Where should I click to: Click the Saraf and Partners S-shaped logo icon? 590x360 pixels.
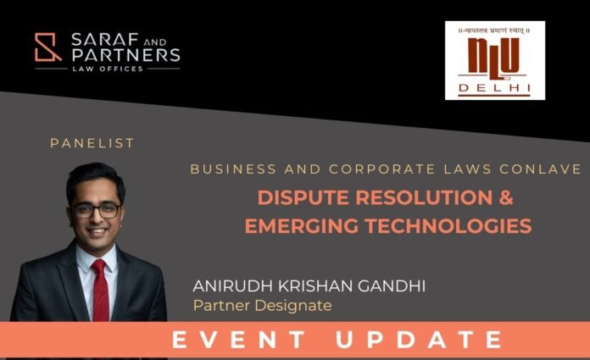47,47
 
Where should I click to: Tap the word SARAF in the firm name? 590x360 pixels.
100,40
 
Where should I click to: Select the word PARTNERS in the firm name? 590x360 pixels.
125,55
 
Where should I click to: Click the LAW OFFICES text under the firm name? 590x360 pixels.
108,69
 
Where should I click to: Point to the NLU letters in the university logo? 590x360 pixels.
493,58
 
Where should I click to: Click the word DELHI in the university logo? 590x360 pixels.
494,88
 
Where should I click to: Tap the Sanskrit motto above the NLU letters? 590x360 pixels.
494,30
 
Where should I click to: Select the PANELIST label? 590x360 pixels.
92,143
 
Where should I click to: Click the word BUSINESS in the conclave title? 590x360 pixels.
233,169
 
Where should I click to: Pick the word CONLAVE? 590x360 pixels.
540,169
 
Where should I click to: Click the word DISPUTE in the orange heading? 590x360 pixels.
303,197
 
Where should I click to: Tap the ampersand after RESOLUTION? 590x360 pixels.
506,197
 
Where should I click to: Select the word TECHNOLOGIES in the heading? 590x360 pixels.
448,225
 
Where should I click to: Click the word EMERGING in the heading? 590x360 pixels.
302,225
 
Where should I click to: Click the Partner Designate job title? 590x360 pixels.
262,306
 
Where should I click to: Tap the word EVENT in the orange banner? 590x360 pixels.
238,340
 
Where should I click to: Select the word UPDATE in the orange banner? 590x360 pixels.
419,340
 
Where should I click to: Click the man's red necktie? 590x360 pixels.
100,289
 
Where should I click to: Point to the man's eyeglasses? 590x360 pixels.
97,211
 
